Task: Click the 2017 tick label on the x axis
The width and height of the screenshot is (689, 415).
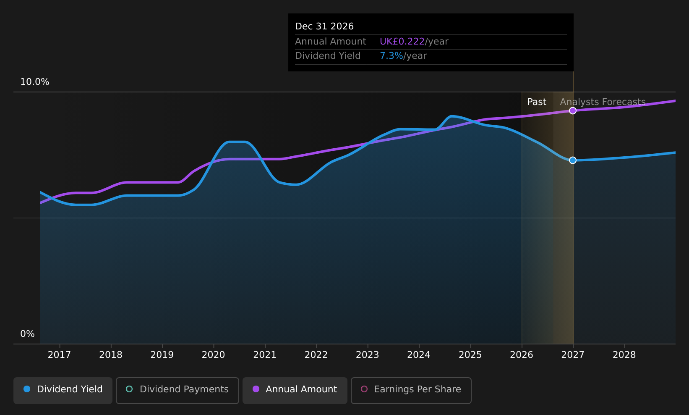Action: click(59, 355)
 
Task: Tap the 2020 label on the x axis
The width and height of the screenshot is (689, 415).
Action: click(214, 355)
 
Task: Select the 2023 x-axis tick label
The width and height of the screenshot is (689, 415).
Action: click(368, 355)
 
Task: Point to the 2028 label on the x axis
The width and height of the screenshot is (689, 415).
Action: click(624, 355)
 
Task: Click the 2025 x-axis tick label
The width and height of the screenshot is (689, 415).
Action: click(470, 355)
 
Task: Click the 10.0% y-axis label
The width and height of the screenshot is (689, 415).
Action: click(35, 82)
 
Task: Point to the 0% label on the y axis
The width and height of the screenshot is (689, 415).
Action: click(27, 334)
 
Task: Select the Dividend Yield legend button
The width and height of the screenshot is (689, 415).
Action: click(63, 390)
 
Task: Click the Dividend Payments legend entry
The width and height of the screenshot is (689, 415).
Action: click(177, 390)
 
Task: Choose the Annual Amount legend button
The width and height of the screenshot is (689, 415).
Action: click(295, 390)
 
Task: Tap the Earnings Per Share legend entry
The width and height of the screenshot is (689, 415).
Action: click(411, 390)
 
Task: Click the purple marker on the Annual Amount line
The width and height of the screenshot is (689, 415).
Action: click(573, 111)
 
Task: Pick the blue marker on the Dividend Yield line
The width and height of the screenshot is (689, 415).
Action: click(573, 160)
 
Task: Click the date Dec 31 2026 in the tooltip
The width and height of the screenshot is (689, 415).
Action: click(324, 26)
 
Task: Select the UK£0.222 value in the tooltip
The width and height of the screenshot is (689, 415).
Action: click(402, 42)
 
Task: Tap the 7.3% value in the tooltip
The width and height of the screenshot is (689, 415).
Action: click(391, 56)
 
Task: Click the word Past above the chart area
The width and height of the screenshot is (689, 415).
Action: click(537, 102)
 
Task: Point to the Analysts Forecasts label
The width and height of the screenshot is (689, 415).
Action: click(603, 102)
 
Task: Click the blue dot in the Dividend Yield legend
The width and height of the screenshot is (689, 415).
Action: click(27, 389)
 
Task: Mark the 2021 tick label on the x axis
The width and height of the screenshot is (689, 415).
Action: click(265, 355)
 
